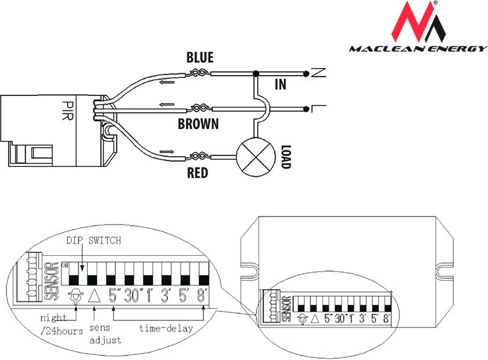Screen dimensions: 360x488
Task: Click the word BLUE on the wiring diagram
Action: point(200,58)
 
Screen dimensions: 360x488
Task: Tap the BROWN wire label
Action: point(198,124)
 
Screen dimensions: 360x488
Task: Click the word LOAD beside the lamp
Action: point(285,157)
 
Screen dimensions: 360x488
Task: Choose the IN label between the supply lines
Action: point(280,85)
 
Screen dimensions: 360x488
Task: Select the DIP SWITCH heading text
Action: point(93,240)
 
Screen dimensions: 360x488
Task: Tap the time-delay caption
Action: point(166,329)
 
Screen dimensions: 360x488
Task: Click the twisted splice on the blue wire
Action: point(197,73)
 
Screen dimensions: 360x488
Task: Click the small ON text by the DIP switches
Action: point(65,265)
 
